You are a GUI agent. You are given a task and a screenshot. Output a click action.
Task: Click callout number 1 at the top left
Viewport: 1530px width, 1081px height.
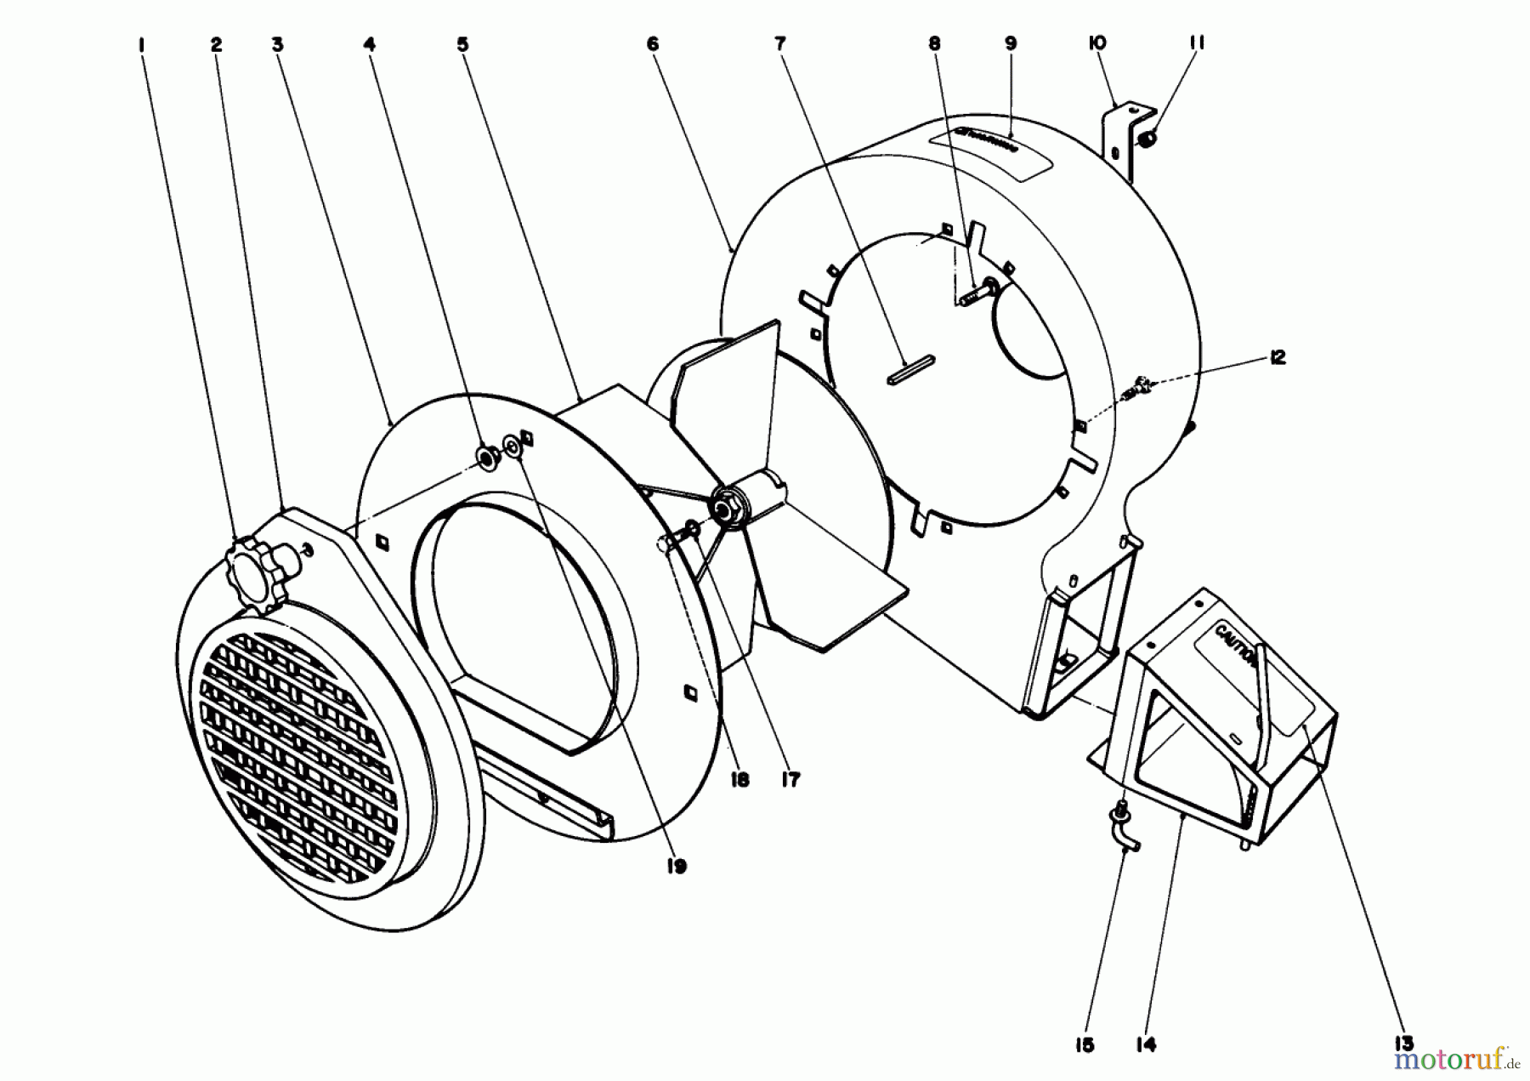(x=141, y=43)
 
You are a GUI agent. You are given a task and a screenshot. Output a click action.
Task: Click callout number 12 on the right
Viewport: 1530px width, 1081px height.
(x=1277, y=357)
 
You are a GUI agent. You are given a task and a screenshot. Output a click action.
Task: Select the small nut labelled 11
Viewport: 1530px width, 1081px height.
(x=1148, y=136)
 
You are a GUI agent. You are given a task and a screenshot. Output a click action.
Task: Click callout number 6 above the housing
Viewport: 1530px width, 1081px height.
(x=653, y=43)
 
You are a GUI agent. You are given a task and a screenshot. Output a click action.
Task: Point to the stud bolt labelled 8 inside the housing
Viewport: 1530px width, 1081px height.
(x=977, y=293)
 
